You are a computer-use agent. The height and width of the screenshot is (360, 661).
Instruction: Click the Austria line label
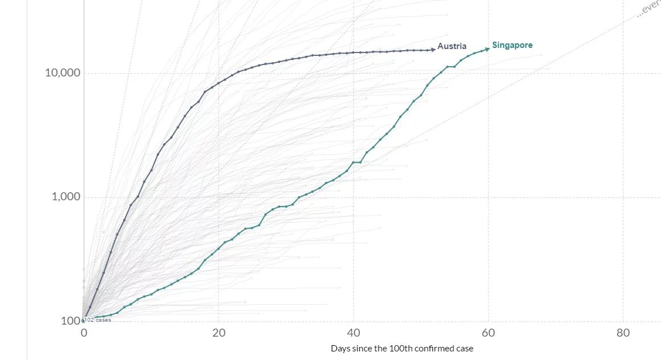pos(452,46)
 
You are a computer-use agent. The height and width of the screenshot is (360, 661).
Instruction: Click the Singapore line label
pos(512,45)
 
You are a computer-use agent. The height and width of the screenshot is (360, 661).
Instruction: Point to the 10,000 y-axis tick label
pos(63,73)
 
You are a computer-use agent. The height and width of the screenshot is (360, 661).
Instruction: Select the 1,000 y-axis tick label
pos(66,197)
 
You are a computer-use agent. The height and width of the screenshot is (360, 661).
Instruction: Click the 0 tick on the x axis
pos(84,333)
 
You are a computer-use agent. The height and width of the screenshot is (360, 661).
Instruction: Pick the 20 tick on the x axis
pos(218,333)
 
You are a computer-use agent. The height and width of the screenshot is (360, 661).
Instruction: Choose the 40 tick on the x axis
pos(354,333)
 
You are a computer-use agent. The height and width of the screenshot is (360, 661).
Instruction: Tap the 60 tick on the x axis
pos(488,333)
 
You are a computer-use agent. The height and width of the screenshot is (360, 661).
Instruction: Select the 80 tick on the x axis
pos(623,333)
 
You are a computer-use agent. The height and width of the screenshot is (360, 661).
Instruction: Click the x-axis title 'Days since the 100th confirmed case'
pos(402,348)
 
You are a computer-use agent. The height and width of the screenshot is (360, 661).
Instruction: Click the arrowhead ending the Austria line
pos(433,50)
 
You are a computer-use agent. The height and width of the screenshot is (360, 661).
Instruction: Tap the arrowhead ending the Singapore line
pos(487,49)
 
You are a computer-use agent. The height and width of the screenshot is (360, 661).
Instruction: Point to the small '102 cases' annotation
pos(98,320)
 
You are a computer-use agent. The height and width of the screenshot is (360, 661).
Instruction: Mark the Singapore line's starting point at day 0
pos(84,320)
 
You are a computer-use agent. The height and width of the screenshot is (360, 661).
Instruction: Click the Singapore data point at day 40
pos(354,163)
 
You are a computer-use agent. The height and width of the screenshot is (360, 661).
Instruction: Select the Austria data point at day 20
pos(218,83)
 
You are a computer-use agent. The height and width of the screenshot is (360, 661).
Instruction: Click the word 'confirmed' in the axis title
pos(428,348)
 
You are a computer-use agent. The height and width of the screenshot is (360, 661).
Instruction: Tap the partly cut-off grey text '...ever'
pos(649,9)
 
